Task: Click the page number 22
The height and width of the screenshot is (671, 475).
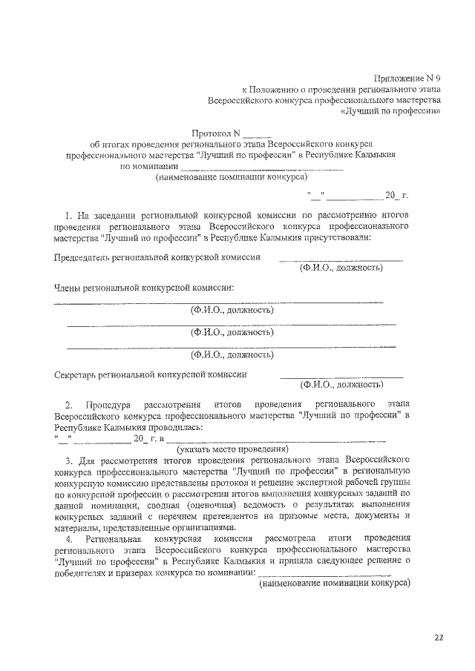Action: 439,637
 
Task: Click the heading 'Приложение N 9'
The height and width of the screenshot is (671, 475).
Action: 407,76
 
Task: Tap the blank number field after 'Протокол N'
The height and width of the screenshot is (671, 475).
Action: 257,136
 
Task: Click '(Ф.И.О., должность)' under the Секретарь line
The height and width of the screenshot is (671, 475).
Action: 341,385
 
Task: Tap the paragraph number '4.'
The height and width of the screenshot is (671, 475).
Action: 69,536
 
